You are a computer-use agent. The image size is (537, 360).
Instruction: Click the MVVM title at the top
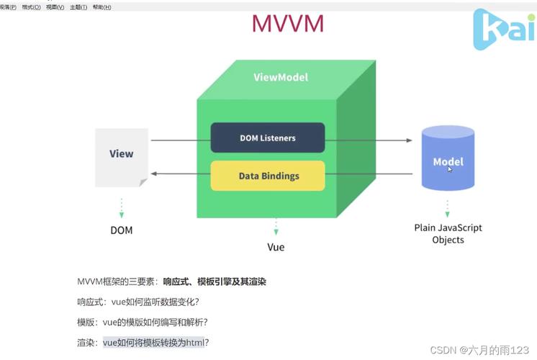(287, 23)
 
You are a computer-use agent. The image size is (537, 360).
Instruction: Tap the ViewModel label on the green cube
(281, 77)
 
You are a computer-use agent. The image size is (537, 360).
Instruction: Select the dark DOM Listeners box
(267, 138)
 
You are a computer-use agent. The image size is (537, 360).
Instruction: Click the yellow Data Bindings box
(268, 176)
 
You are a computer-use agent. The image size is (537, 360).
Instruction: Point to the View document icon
(122, 156)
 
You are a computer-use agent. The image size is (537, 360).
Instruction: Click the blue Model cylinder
(448, 158)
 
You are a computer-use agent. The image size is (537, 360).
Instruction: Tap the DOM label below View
(121, 230)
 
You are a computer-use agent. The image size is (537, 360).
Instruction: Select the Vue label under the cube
(276, 247)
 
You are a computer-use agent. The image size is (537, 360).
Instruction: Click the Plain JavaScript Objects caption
(448, 233)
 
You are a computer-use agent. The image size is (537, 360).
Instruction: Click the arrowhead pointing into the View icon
(153, 174)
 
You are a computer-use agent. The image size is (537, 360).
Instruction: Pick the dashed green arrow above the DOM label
(121, 208)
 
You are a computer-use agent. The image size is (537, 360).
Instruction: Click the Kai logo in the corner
(503, 30)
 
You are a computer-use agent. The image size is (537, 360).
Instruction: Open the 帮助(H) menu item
(101, 7)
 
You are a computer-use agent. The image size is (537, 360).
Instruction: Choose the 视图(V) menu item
(55, 7)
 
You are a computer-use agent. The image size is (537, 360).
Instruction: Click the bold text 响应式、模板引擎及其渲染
(215, 282)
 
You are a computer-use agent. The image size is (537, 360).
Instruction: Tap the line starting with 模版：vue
(147, 322)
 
